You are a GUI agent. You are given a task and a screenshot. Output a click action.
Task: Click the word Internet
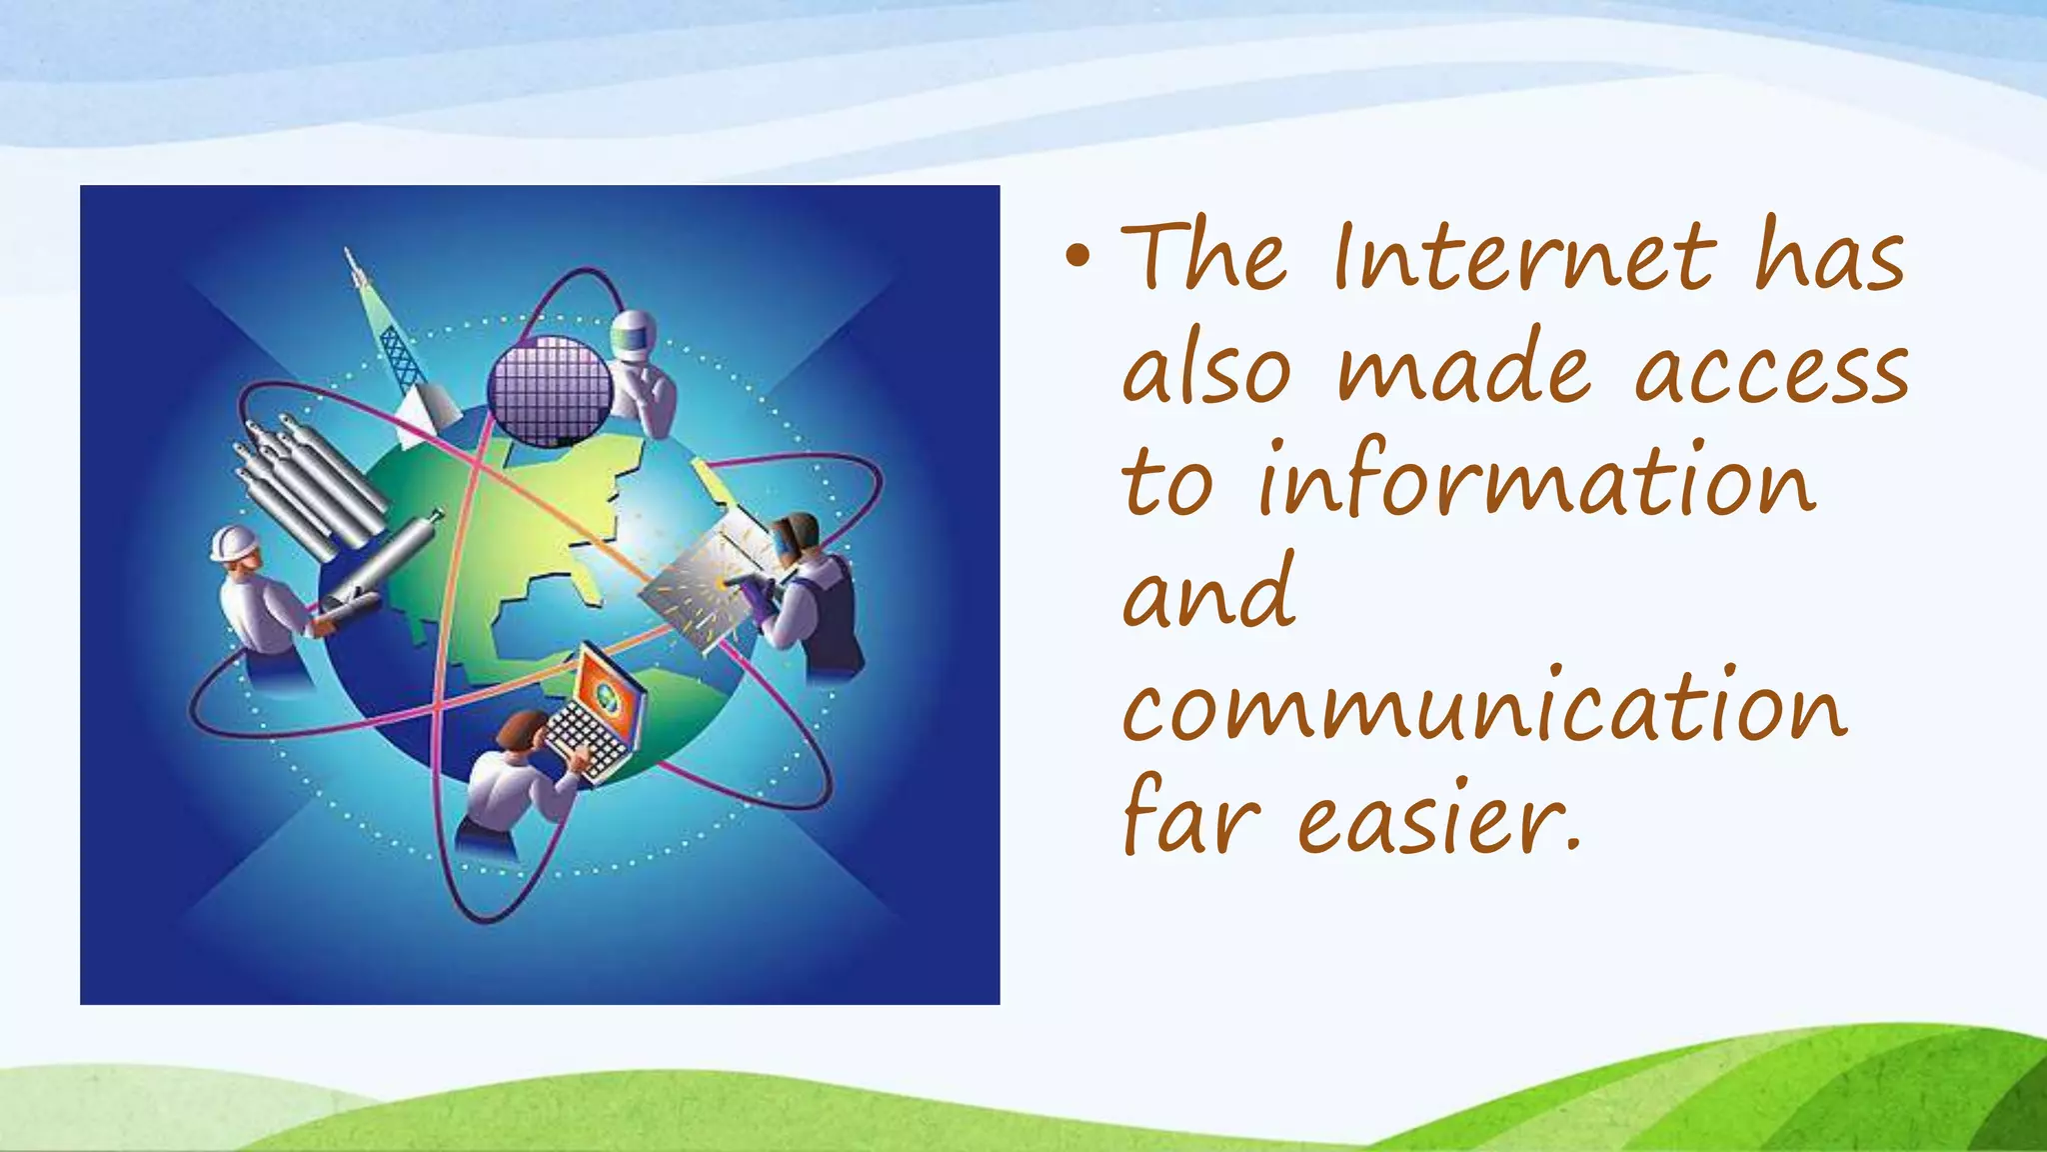[1523, 258]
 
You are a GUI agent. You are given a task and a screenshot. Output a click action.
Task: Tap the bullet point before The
[1076, 258]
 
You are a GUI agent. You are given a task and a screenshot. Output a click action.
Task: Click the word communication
[1484, 708]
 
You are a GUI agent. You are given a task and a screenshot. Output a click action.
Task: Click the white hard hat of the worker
[234, 543]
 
